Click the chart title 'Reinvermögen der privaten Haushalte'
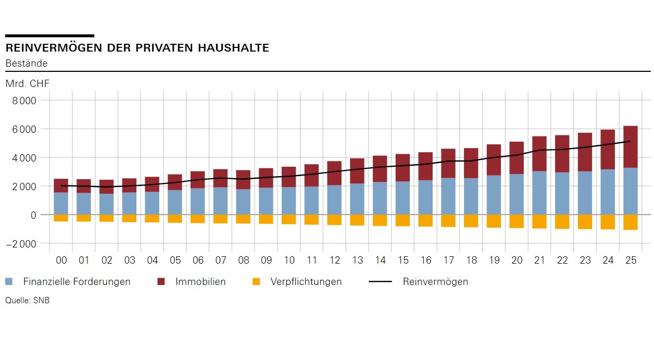click(137, 48)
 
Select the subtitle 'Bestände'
click(27, 64)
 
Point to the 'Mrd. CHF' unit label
click(28, 84)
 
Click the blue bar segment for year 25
click(631, 191)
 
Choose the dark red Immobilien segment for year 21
click(539, 154)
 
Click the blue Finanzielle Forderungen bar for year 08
click(243, 202)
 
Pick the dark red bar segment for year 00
click(61, 185)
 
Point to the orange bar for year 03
click(129, 218)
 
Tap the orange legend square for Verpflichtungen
click(256, 282)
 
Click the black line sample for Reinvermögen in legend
click(380, 282)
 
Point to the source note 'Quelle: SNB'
click(28, 301)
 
